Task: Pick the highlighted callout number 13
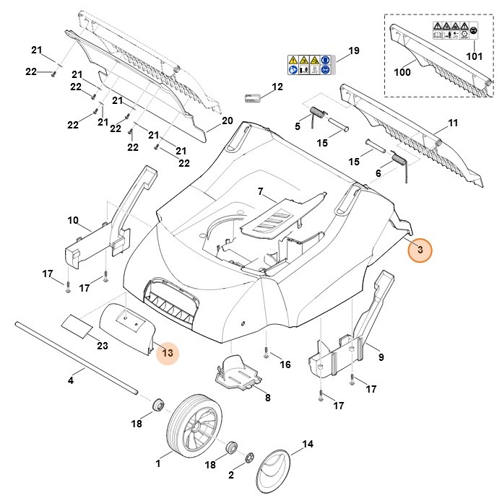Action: (x=168, y=352)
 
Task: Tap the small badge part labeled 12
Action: (x=254, y=97)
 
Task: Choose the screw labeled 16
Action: (x=267, y=352)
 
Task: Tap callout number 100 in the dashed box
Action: (x=402, y=72)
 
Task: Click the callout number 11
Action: (x=453, y=123)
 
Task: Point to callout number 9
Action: (x=380, y=356)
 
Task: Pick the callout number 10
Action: (x=73, y=219)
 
